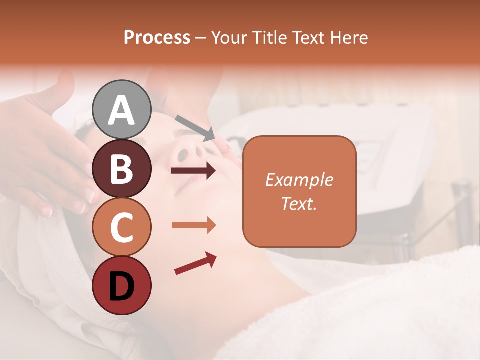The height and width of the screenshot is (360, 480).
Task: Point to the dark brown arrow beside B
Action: (193, 171)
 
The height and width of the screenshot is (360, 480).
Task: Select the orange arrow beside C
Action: (193, 225)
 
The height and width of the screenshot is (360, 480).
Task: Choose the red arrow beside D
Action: (195, 263)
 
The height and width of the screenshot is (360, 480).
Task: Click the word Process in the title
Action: (157, 37)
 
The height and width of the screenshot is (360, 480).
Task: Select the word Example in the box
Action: (299, 180)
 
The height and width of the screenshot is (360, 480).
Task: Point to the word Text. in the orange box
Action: (299, 203)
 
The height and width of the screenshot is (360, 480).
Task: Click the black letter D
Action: (122, 287)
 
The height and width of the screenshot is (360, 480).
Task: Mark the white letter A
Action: (122, 110)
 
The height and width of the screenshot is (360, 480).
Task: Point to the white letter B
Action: (122, 169)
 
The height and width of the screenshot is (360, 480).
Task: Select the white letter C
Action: (122, 228)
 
